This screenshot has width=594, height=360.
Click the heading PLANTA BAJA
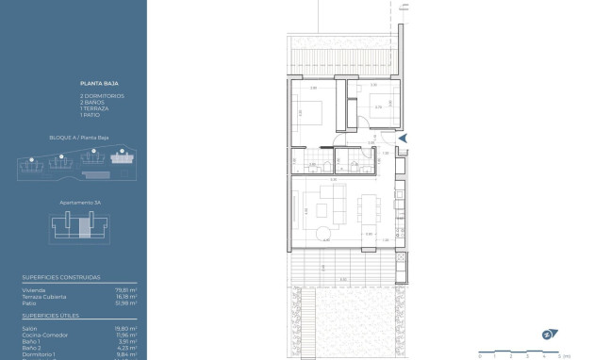point(95,84)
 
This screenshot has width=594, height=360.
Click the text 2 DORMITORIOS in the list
point(102,96)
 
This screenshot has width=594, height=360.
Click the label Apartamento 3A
point(79,202)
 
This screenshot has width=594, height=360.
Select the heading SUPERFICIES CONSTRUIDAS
point(61,278)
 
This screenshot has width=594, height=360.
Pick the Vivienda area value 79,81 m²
point(127,290)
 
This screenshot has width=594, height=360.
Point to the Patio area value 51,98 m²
point(127,303)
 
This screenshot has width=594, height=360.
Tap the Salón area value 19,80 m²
point(127,328)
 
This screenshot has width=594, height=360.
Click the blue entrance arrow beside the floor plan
point(403,139)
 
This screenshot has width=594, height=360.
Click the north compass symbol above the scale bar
point(547,334)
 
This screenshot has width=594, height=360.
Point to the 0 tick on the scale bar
point(480,355)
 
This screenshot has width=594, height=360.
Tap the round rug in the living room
point(323,233)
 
